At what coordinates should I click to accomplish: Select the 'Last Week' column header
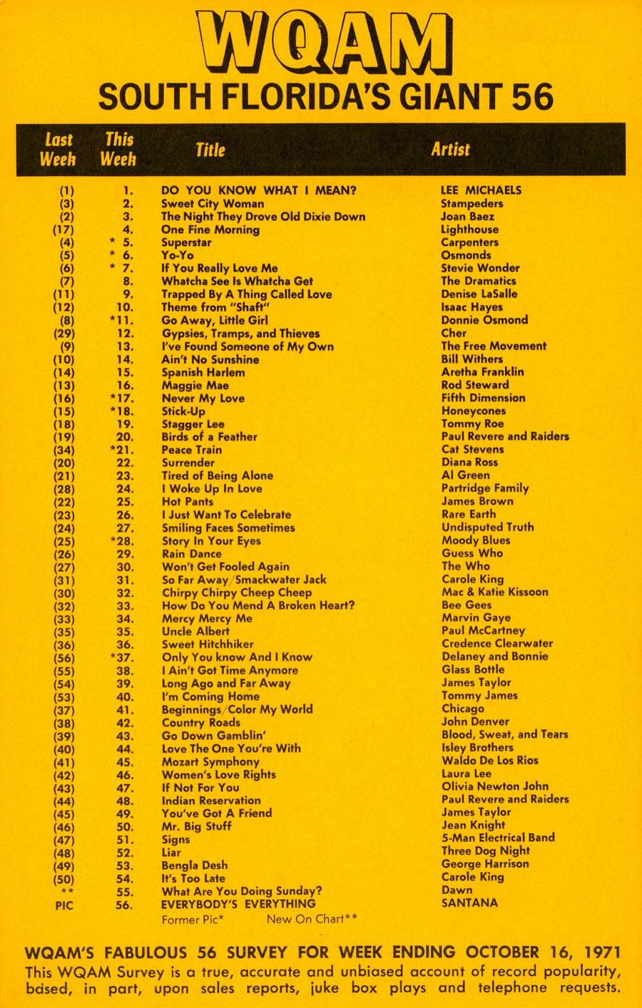tap(58, 150)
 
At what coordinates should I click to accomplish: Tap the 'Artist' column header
tap(450, 150)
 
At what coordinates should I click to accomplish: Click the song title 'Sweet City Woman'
tap(213, 204)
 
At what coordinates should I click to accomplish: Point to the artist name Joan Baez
tap(467, 217)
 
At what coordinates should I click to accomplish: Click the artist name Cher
tap(454, 333)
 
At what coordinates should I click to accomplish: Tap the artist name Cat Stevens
tap(472, 449)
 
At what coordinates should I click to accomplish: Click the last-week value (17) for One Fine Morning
tap(63, 230)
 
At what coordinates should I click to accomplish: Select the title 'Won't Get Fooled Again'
tap(225, 567)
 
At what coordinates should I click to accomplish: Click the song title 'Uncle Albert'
tap(195, 631)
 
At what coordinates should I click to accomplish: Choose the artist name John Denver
tap(475, 721)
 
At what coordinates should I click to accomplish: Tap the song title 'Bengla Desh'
tap(195, 865)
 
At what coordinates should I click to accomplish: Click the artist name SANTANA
tap(469, 903)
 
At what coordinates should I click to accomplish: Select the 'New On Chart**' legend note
tap(312, 920)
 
